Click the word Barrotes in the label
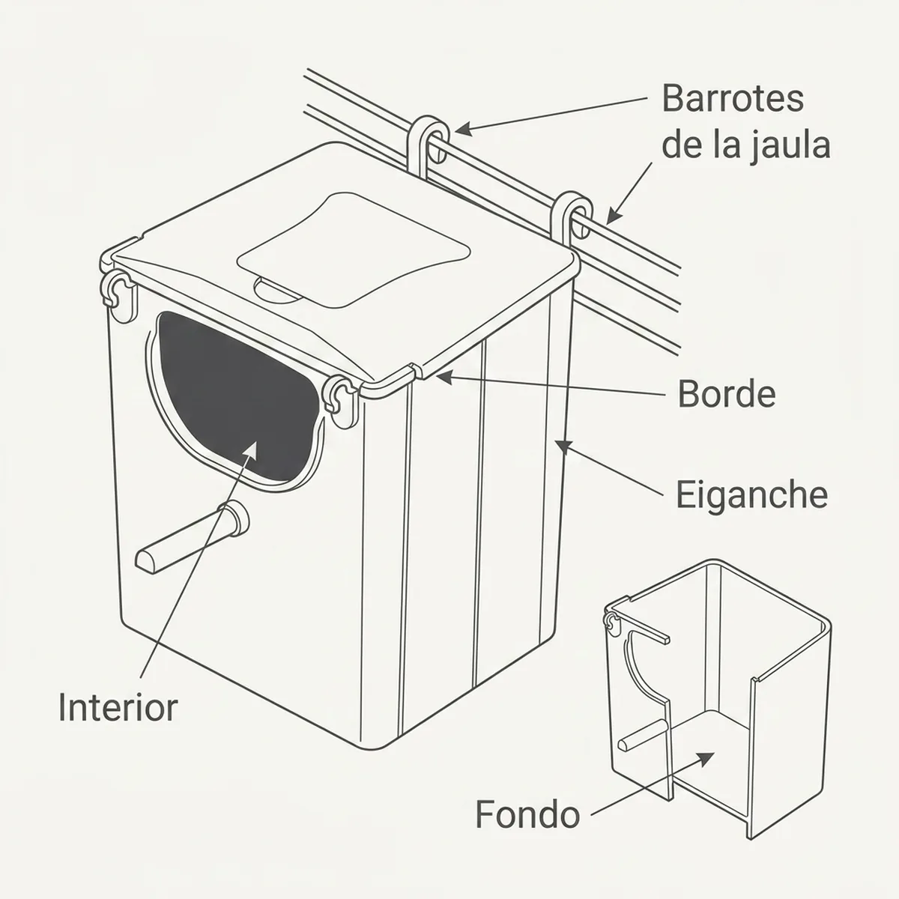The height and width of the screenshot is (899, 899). pos(733,99)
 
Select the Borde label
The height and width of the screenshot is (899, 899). pos(727,394)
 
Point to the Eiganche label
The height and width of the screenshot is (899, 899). pos(751,494)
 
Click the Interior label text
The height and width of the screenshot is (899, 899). pos(118,707)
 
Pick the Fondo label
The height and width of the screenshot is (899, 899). pos(527,814)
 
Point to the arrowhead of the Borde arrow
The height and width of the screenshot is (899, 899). pos(444,377)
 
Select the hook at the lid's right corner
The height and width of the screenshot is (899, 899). pos(571,216)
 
